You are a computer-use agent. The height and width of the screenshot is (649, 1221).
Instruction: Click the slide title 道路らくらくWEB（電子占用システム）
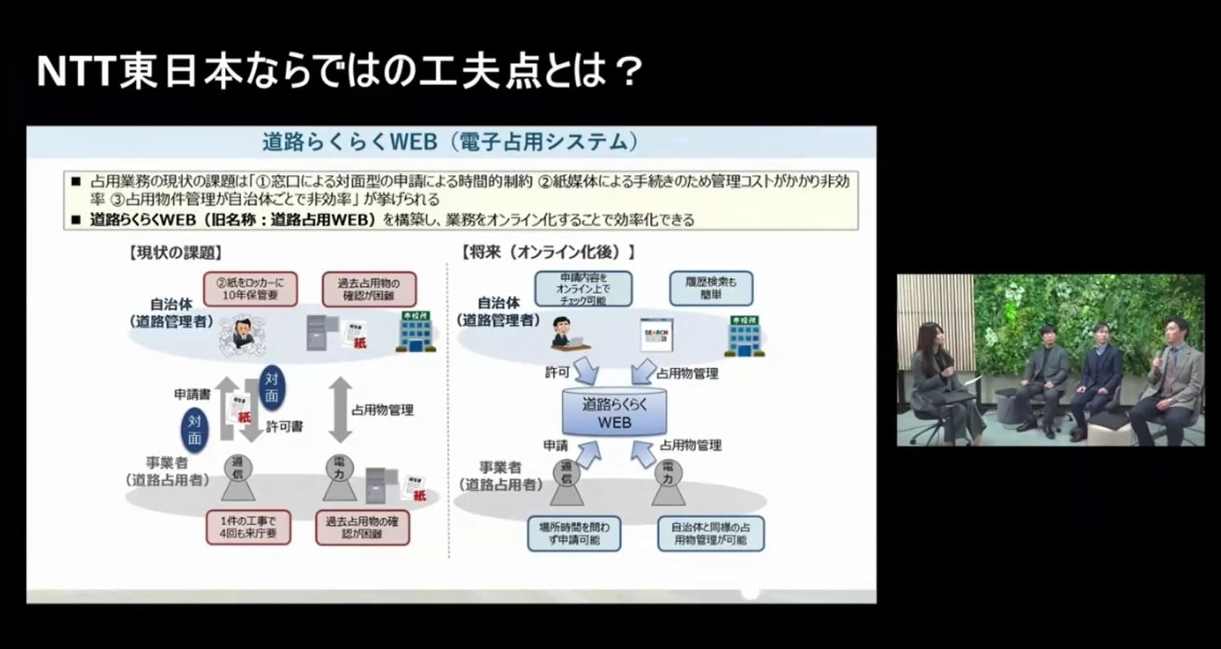(450, 143)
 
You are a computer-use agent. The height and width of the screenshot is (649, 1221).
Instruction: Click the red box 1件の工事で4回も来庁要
(247, 527)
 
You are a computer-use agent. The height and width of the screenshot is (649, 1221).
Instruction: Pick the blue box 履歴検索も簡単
(711, 288)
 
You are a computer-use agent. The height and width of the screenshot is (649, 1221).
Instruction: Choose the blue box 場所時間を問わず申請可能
(574, 533)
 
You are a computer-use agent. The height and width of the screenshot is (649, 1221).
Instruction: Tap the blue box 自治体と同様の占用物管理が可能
(710, 533)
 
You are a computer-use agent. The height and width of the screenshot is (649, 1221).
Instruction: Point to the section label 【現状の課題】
(174, 252)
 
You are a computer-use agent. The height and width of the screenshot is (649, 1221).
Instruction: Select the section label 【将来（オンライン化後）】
(549, 252)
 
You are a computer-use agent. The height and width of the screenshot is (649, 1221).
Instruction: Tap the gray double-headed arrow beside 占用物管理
(340, 410)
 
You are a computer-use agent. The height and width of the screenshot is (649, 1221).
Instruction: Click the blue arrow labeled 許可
(587, 369)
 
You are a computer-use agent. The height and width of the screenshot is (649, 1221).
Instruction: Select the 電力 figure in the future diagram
(667, 482)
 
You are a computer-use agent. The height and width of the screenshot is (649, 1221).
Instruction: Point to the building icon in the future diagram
(744, 336)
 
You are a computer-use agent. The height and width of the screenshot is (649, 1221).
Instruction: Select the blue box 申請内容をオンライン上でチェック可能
(583, 288)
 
